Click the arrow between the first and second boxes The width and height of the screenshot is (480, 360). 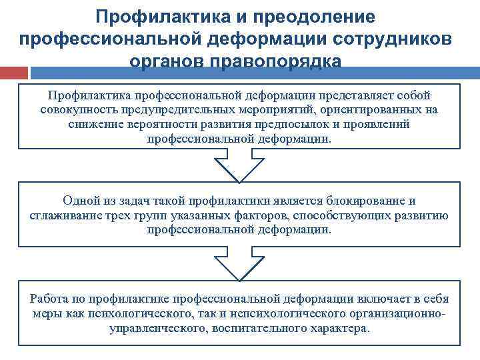[x=237, y=164]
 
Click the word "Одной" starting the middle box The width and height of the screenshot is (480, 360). [x=80, y=200]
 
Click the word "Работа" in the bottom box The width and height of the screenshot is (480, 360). [x=48, y=298]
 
